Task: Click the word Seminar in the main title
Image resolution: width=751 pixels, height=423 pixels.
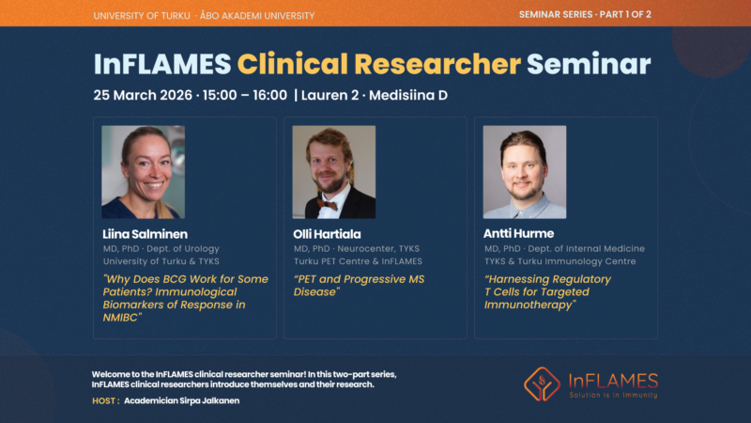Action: [x=589, y=64]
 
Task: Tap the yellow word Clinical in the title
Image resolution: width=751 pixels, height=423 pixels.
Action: [x=293, y=64]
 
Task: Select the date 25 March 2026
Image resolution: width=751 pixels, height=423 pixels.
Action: [x=143, y=95]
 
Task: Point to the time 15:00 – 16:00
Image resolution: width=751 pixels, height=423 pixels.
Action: [x=245, y=95]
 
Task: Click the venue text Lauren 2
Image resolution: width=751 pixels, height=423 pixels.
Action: [x=330, y=95]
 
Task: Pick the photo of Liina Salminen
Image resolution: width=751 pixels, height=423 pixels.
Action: [x=144, y=172]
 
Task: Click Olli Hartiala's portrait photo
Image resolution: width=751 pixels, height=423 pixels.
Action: [x=334, y=172]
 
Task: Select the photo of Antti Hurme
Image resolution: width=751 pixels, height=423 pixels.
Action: [x=525, y=172]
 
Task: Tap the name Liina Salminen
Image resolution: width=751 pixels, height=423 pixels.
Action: [x=146, y=234]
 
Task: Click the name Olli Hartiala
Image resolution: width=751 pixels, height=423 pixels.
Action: [x=327, y=234]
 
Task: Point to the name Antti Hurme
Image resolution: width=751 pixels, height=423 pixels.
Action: [x=519, y=233]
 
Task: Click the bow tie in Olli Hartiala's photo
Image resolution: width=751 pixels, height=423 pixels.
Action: [x=328, y=205]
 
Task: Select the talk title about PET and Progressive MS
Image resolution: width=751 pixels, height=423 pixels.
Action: [x=359, y=286]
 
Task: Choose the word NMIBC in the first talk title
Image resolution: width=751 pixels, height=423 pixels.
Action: [x=121, y=318]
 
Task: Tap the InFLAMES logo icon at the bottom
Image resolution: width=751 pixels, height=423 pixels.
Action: [x=542, y=384]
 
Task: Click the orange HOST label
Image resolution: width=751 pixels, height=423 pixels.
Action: [x=106, y=401]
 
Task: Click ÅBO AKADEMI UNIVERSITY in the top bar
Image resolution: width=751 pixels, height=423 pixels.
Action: [x=257, y=15]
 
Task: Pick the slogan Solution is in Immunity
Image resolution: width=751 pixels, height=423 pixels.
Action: [x=613, y=395]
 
